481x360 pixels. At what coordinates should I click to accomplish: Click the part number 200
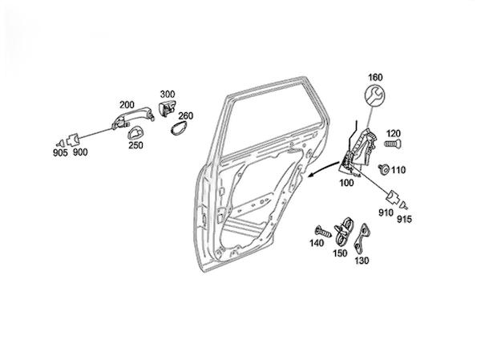coord(127,105)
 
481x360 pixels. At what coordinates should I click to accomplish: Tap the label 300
coord(168,94)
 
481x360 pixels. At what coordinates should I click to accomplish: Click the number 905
coord(61,152)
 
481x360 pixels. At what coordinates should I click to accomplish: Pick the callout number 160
coord(375,78)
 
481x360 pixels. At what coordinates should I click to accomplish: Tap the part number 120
coord(393,133)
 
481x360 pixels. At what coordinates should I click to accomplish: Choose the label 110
coord(398,169)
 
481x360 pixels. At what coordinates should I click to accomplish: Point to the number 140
coord(316,242)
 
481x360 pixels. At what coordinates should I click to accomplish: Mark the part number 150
coord(340,253)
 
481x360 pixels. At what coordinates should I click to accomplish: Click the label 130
coord(362,261)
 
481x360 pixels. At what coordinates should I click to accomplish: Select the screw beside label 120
coord(391,144)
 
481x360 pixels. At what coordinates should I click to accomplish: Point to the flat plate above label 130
coord(363,236)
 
